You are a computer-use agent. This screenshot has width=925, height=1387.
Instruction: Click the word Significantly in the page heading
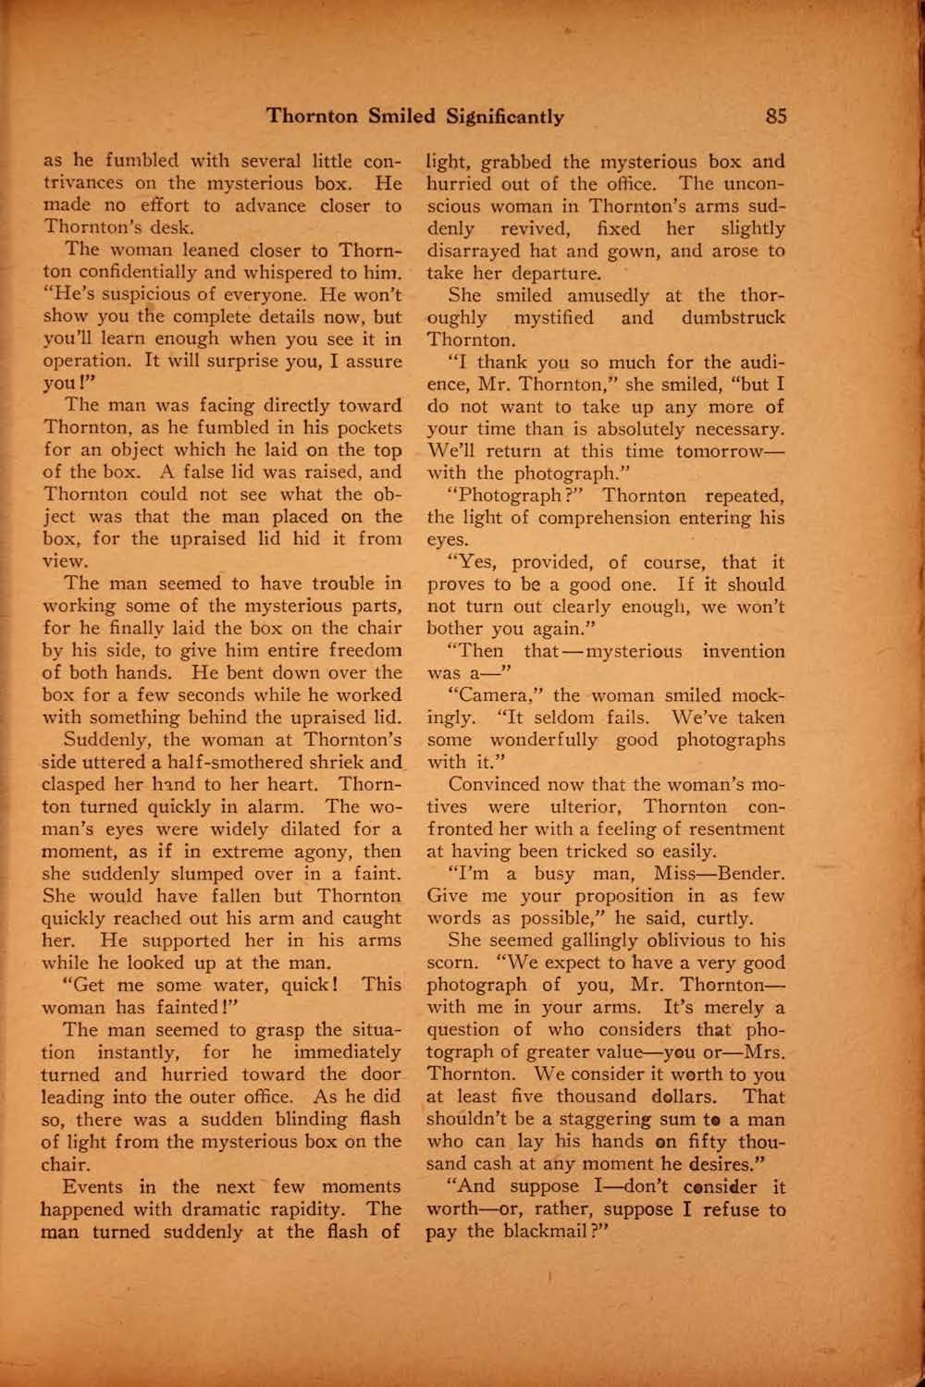coord(505,117)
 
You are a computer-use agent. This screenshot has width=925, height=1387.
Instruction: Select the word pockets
coord(367,428)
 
